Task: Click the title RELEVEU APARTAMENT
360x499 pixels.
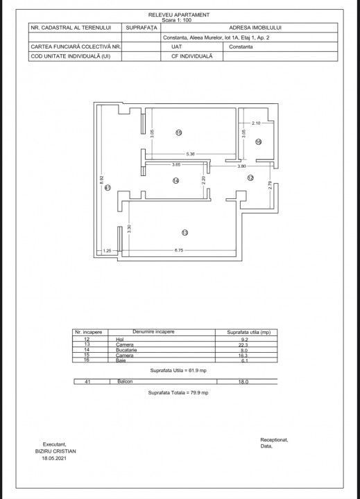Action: coord(179,14)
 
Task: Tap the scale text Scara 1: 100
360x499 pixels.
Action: coord(179,19)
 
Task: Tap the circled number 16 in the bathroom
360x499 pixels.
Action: coord(257,142)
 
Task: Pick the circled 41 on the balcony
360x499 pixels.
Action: coord(107,187)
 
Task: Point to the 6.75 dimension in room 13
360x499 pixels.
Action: coord(178,250)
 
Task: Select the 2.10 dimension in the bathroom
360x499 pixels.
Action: coord(256,123)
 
